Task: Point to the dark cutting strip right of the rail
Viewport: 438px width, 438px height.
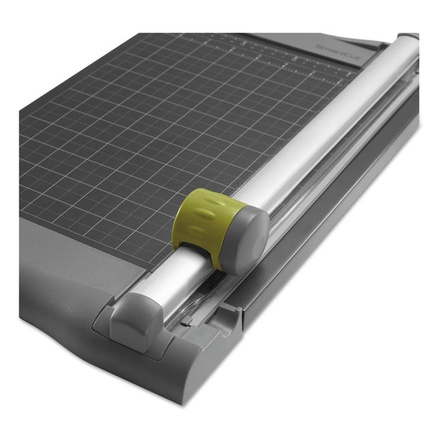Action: [x=350, y=188]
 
